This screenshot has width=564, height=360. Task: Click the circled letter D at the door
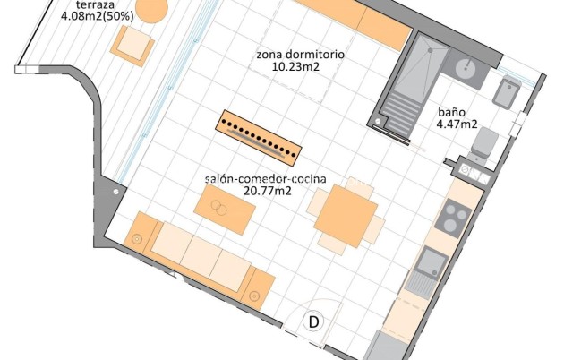(314, 321)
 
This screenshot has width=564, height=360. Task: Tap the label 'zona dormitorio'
(300, 55)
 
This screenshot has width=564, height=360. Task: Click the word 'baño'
(451, 113)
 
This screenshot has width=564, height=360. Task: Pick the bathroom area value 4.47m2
(457, 125)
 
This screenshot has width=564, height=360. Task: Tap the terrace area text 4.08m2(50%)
(98, 15)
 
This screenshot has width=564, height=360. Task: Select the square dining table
(346, 218)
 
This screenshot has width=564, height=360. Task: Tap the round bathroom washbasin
(465, 67)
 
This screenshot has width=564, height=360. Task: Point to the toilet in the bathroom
(483, 144)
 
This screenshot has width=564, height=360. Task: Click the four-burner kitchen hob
(455, 219)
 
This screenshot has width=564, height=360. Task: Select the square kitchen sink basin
(433, 261)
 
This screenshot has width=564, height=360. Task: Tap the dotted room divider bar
(259, 137)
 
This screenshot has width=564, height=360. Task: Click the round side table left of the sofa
(137, 240)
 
